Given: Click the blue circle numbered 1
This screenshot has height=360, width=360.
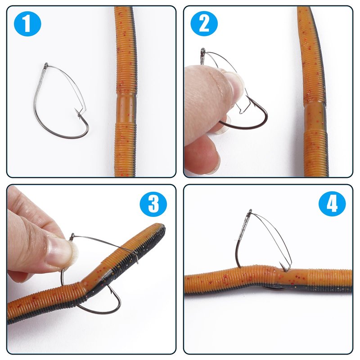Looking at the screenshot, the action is point(27,24).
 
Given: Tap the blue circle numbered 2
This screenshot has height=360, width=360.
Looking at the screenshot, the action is point(204,23).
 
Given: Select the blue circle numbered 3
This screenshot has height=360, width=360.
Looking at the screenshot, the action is point(153,204).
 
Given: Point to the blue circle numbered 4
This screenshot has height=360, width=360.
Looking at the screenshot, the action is point(332,204).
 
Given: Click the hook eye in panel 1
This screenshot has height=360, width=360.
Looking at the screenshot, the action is point(46,65).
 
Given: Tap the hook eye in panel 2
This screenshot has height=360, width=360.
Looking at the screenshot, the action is point(203,50).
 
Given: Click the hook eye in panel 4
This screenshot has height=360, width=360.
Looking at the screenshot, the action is point(250,211).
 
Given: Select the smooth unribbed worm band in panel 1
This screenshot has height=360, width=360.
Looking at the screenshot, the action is point(126,109).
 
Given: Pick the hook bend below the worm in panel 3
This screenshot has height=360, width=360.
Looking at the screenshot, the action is point(104,309).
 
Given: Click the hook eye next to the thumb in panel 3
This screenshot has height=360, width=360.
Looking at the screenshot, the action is point(72,236).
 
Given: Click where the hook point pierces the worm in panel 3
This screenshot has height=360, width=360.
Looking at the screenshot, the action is point(134,253).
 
